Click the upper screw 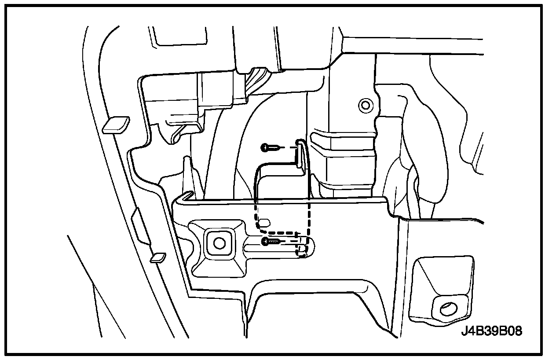click(269, 147)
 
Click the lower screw click(270, 241)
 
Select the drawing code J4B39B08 click(491, 331)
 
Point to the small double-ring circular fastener click(364, 105)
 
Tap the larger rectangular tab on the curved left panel click(115, 125)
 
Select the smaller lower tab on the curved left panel click(157, 257)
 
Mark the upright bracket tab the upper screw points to click(300, 154)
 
